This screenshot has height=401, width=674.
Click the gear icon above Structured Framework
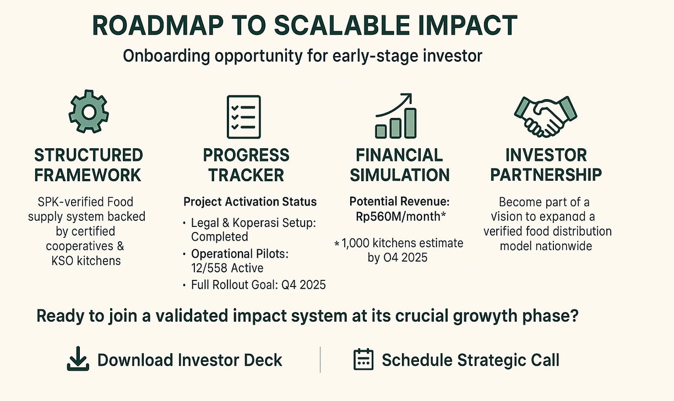pyautogui.click(x=89, y=112)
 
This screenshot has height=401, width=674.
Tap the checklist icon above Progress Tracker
pyautogui.click(x=244, y=117)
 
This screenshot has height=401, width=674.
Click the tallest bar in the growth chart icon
pyautogui.click(x=410, y=123)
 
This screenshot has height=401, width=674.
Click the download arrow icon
pyautogui.click(x=78, y=359)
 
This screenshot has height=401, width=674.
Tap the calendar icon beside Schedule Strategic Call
pyautogui.click(x=363, y=359)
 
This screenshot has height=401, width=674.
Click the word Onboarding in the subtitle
pyautogui.click(x=166, y=56)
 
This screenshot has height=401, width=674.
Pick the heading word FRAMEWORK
pyautogui.click(x=88, y=175)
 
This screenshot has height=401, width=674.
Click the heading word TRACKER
pyautogui.click(x=246, y=175)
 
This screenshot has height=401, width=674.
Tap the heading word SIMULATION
pyautogui.click(x=400, y=175)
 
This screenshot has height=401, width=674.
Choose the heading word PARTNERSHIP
pyautogui.click(x=546, y=175)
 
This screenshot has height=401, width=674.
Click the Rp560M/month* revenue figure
pyautogui.click(x=400, y=216)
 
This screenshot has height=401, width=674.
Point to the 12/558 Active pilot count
pyautogui.click(x=227, y=268)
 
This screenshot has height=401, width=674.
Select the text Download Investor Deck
pyautogui.click(x=190, y=360)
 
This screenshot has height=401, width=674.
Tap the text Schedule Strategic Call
pyautogui.click(x=471, y=360)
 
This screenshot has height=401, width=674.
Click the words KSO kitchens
pyautogui.click(x=86, y=261)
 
